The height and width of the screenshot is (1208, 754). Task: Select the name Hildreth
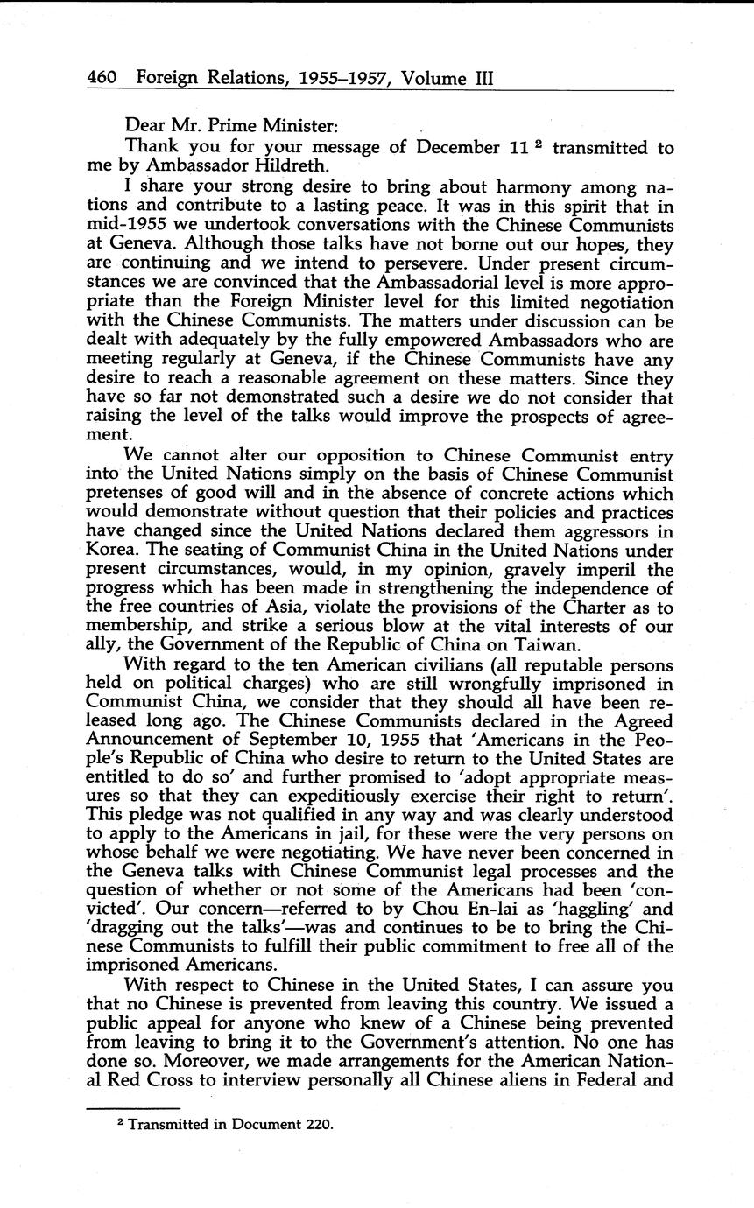(293, 166)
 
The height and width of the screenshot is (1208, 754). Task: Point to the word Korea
(111, 551)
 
